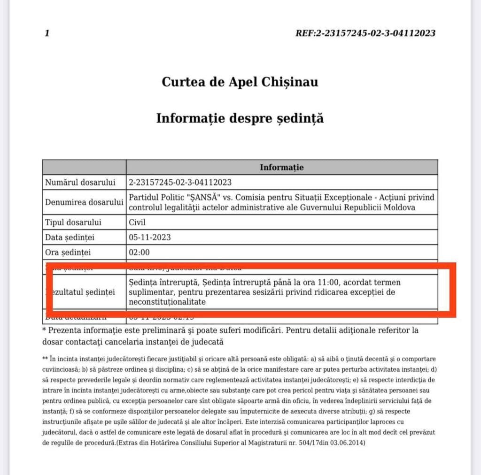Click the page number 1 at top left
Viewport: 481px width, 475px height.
[47, 33]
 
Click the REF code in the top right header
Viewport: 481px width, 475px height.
[365, 33]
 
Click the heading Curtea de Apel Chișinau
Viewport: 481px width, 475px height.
[240, 82]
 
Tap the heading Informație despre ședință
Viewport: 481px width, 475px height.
[240, 118]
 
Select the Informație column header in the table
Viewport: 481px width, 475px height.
[281, 167]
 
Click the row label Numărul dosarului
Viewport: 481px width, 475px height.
[80, 182]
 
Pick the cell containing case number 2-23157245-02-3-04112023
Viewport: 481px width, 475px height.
[180, 182]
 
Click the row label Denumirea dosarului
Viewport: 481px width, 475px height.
[84, 202]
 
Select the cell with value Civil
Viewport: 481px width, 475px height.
[138, 222]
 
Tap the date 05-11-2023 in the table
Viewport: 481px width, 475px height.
[149, 237]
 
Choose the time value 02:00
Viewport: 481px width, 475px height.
[139, 252]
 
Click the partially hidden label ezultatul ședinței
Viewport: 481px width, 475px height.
[87, 292]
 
